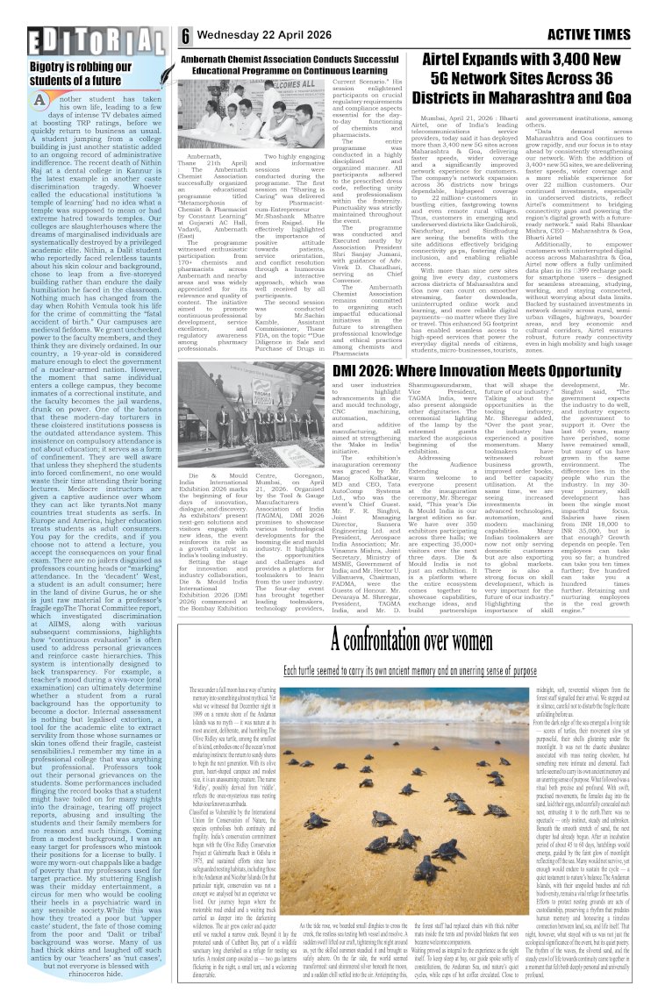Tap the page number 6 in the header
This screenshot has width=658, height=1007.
point(187,36)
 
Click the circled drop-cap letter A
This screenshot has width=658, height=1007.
point(39,102)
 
